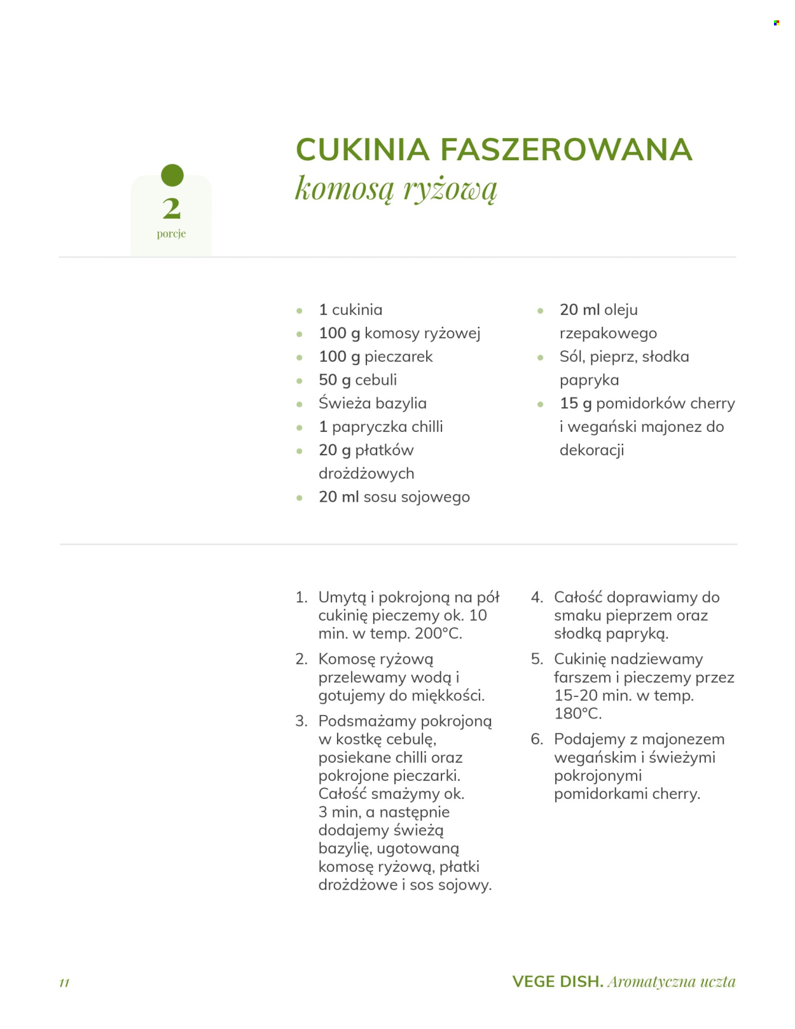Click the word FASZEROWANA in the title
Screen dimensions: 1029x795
pos(565,150)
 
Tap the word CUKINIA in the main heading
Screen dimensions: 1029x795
pos(363,150)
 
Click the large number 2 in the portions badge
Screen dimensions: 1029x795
pos(171,208)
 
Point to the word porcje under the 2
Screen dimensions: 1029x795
pos(171,233)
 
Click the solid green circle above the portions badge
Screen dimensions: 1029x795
pos(172,175)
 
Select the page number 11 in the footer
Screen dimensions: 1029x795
pos(64,983)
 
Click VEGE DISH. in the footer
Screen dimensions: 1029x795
pos(558,981)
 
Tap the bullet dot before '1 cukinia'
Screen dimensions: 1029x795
pos(300,311)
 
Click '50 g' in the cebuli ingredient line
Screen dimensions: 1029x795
pos(335,380)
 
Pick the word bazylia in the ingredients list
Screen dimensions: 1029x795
pos(400,403)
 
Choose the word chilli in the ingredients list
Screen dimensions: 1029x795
pos(427,427)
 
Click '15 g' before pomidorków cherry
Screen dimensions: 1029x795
pos(576,403)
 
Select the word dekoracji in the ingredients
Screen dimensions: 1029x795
pos(591,450)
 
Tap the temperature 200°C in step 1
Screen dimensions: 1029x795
pos(438,633)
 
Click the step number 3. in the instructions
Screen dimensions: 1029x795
pos(301,721)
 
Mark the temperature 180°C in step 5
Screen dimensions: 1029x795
pos(577,714)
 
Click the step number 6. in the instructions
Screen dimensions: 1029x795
pos(537,739)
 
